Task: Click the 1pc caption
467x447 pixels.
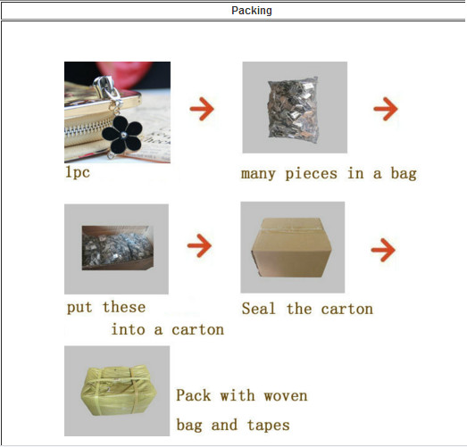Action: point(77,172)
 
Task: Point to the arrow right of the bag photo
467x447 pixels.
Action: point(385,109)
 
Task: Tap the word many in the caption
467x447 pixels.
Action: point(260,173)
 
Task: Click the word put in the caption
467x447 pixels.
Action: point(81,308)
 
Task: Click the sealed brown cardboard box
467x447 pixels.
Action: point(292,246)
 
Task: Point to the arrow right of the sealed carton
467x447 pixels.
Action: point(382,249)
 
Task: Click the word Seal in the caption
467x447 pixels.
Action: point(258,309)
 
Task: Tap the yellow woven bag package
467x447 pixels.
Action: point(116,390)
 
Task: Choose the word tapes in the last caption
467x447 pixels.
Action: point(269,425)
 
